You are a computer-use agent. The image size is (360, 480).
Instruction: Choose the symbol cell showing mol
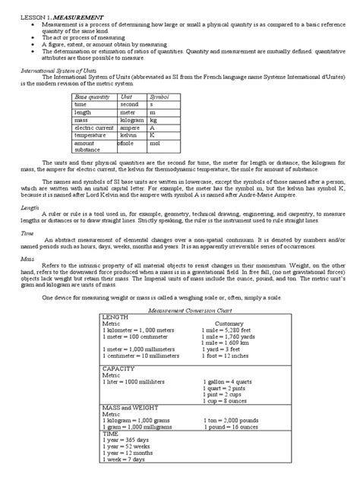(156, 142)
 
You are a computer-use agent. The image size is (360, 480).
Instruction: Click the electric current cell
(93, 128)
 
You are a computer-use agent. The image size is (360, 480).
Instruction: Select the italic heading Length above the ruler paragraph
(30, 207)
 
